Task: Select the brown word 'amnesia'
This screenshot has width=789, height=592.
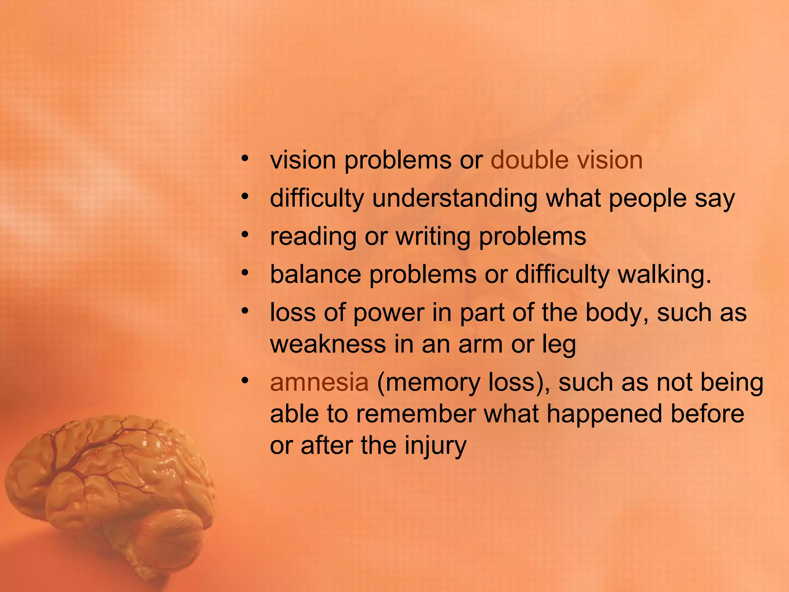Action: [319, 382]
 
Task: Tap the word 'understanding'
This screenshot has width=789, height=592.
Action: [455, 198]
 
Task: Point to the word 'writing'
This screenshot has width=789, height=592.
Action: [433, 237]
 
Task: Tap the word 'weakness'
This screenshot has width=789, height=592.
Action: [328, 344]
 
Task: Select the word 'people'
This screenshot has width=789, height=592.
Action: [647, 199]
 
